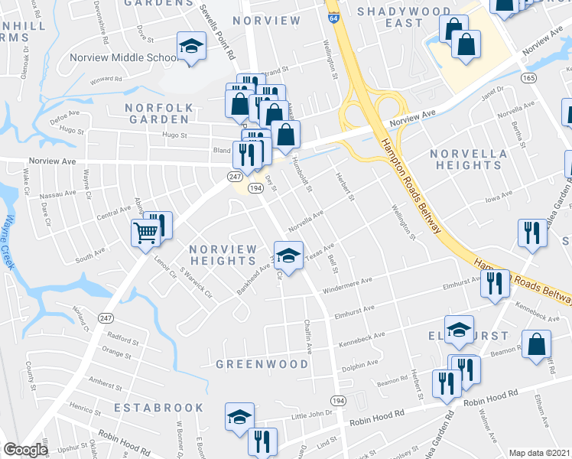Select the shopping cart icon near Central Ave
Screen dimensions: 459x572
pyautogui.click(x=146, y=232)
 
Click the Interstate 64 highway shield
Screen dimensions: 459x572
pyautogui.click(x=332, y=16)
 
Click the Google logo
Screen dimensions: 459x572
pyautogui.click(x=25, y=450)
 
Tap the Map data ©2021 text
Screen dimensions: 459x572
pyautogui.click(x=539, y=453)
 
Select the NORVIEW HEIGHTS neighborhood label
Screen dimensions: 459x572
pyautogui.click(x=223, y=256)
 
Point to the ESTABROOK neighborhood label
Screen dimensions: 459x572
pyautogui.click(x=159, y=409)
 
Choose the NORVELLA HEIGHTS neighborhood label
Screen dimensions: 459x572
pyautogui.click(x=468, y=159)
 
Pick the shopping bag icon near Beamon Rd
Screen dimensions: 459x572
pyautogui.click(x=537, y=343)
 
